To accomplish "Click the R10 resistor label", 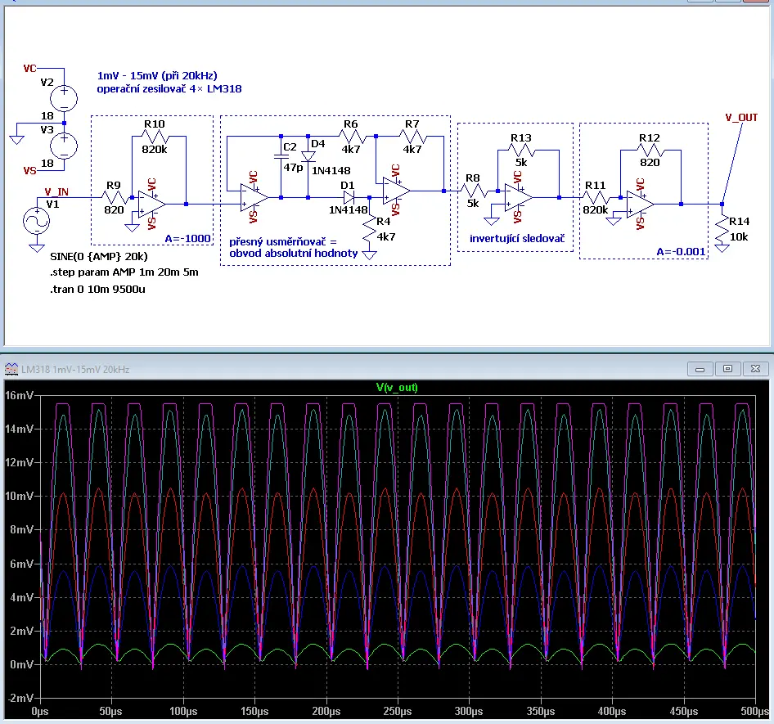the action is pyautogui.click(x=154, y=124).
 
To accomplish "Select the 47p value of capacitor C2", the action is pyautogui.click(x=293, y=168).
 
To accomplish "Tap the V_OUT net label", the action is pyautogui.click(x=741, y=118).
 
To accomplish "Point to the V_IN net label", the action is pyautogui.click(x=56, y=191).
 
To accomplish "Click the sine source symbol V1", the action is pyautogui.click(x=37, y=221).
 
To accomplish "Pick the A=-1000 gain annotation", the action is pyautogui.click(x=187, y=238).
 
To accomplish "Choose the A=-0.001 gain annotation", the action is pyautogui.click(x=681, y=252).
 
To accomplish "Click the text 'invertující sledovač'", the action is pyautogui.click(x=517, y=238).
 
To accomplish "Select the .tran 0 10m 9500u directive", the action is pyautogui.click(x=97, y=290).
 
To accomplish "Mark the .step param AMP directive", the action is pyautogui.click(x=124, y=272).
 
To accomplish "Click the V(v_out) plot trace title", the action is pyautogui.click(x=397, y=388).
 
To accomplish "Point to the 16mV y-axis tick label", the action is pyautogui.click(x=20, y=395).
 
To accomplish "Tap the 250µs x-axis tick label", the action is pyautogui.click(x=398, y=711).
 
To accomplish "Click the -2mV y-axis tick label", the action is pyautogui.click(x=20, y=698).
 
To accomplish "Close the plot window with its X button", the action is pyautogui.click(x=755, y=369).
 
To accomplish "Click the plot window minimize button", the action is pyautogui.click(x=700, y=369).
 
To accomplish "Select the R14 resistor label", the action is pyautogui.click(x=739, y=221).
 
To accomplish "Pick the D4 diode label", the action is pyautogui.click(x=318, y=144).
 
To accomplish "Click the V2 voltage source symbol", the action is pyautogui.click(x=64, y=97).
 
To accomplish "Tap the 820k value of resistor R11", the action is pyautogui.click(x=596, y=209).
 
